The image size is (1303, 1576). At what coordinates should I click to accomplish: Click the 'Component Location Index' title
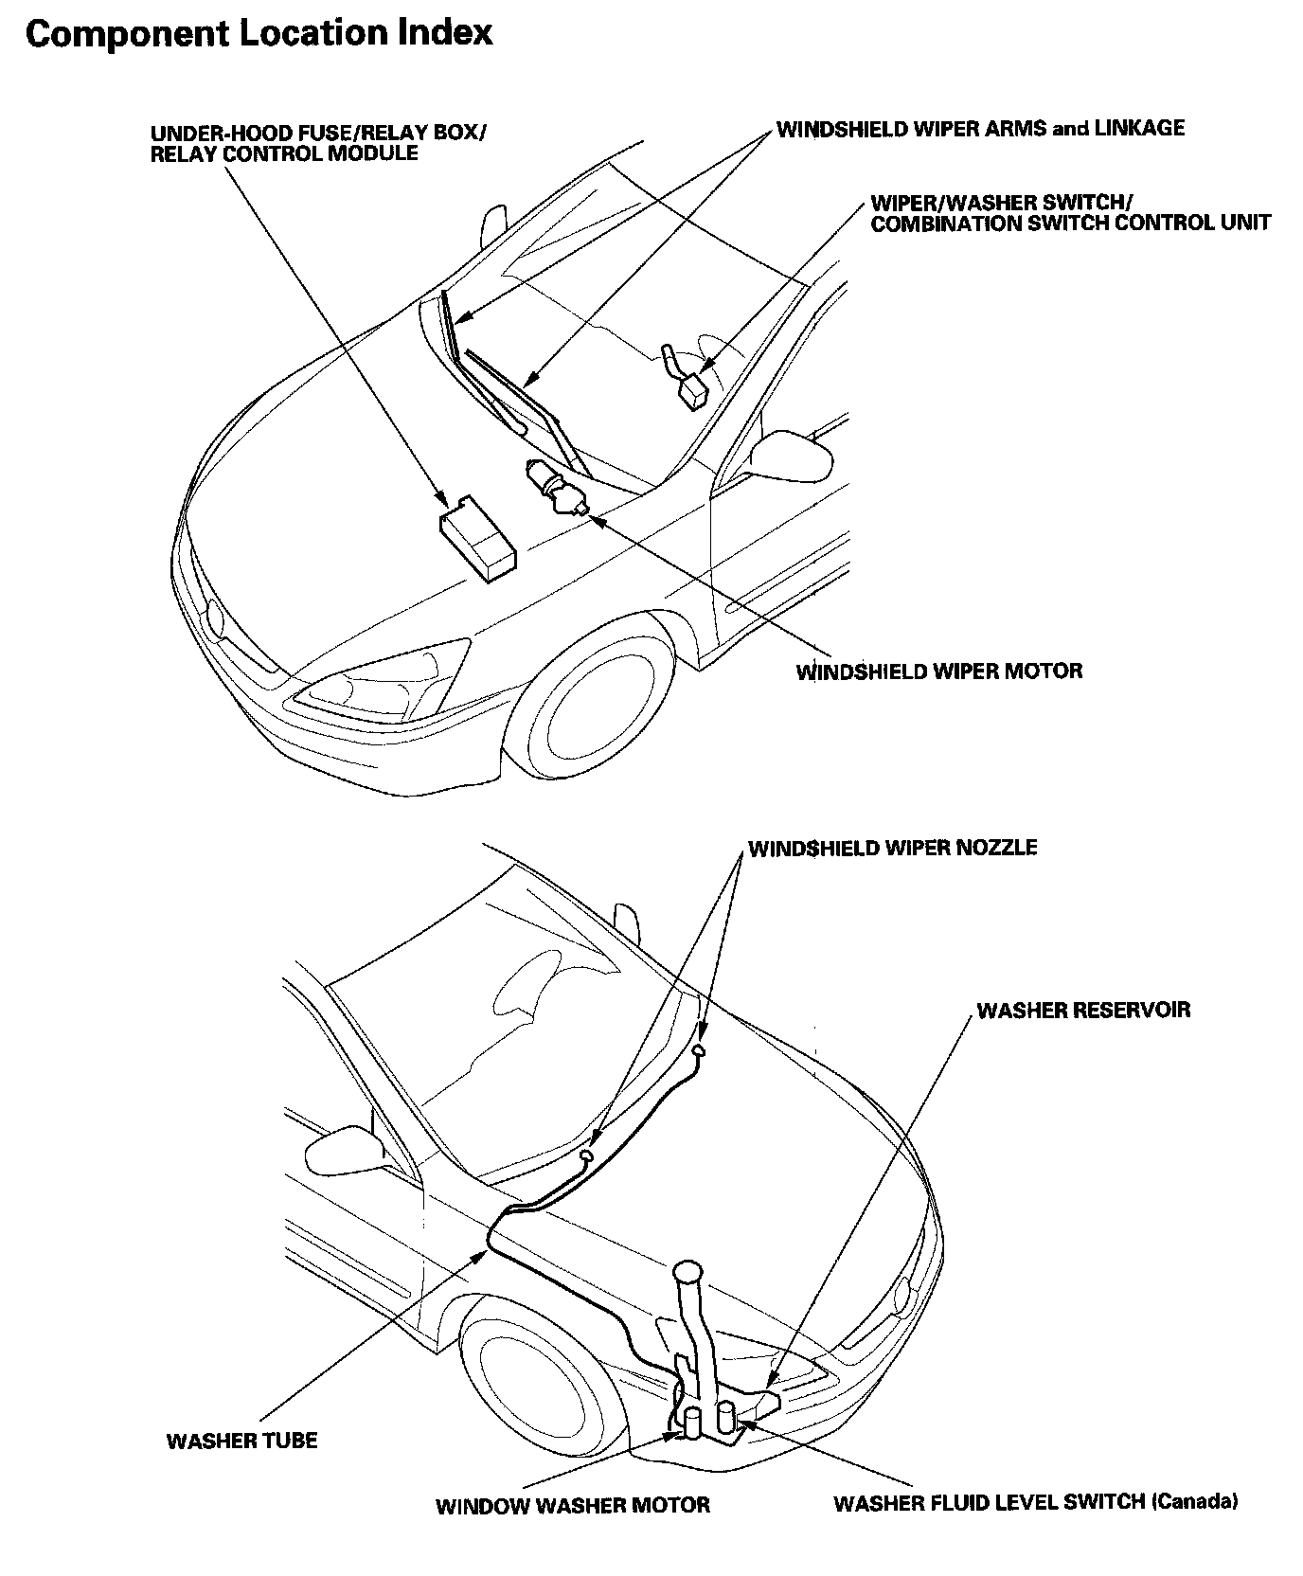coord(259,34)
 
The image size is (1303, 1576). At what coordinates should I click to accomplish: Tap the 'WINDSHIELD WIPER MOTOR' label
coord(938,672)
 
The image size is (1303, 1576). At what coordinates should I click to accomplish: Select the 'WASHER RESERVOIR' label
coord(1083,1010)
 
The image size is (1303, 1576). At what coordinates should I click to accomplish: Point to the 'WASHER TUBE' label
coord(241,1441)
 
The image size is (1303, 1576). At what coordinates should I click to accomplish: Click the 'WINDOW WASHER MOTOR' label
coord(572,1505)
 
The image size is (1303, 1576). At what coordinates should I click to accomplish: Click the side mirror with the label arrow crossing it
coord(799,455)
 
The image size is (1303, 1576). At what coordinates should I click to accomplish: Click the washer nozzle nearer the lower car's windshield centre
coord(699,1049)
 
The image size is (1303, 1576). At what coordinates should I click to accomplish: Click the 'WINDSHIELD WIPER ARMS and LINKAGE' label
coord(980,128)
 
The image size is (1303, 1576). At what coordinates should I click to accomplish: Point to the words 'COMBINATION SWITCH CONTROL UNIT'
coord(1070,224)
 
